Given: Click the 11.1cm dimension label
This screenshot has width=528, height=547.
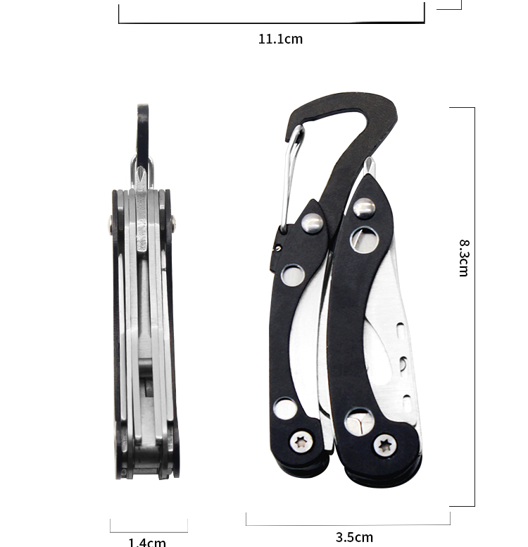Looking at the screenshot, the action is coord(280,39).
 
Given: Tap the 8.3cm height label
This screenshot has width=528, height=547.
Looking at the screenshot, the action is coord(464,258).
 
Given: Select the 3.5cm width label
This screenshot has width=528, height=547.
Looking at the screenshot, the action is coord(354,537).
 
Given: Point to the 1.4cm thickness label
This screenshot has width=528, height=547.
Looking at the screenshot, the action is coord(147,543).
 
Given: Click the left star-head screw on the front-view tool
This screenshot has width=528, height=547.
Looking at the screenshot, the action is coord(301,443).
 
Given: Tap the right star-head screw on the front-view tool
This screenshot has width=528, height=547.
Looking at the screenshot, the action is coord(385,445).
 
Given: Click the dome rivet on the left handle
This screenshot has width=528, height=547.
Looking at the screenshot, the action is coord(313,223).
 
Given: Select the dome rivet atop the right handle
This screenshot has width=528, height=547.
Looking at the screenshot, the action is coord(364,208).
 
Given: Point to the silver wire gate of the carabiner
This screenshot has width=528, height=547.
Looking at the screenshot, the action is coord(292,178).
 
